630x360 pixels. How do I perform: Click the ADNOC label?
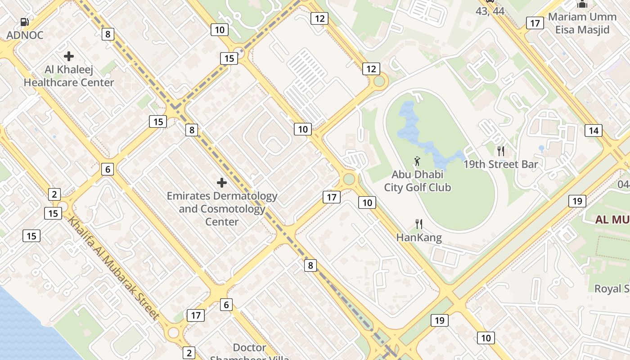(25, 35)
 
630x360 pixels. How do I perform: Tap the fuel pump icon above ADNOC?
(25, 22)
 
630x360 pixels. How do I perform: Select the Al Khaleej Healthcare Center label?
(69, 76)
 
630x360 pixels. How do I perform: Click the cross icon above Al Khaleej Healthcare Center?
(69, 56)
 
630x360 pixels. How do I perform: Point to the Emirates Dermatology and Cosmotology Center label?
(222, 209)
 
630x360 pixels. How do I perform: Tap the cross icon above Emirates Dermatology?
(222, 183)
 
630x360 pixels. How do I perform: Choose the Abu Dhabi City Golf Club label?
(418, 181)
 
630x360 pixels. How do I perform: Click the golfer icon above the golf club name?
(418, 161)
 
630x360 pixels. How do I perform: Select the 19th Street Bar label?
(501, 165)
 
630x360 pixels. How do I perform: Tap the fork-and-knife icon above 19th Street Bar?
(500, 151)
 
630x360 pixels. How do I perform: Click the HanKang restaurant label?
(419, 238)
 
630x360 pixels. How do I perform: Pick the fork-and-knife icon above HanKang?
(419, 224)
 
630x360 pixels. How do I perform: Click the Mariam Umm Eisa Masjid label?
(582, 23)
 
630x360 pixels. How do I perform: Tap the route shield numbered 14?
(594, 130)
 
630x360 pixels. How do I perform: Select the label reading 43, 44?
(490, 11)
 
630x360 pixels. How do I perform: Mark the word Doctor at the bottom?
(250, 348)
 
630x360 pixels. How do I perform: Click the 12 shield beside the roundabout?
(371, 69)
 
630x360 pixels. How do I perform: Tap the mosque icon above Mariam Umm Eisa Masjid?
(582, 4)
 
